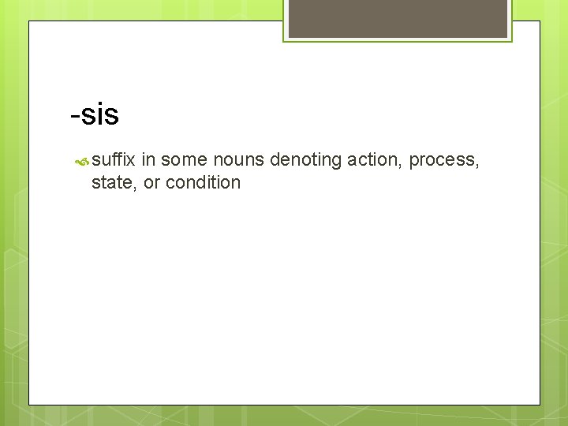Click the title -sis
tap(95, 115)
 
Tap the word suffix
tap(114, 160)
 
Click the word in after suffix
tap(149, 160)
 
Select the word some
tap(185, 160)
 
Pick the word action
tap(375, 160)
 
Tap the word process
tap(442, 161)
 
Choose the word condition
tap(203, 183)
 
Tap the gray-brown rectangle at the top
tap(398, 18)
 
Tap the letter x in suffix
tap(133, 160)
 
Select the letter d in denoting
tap(275, 160)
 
